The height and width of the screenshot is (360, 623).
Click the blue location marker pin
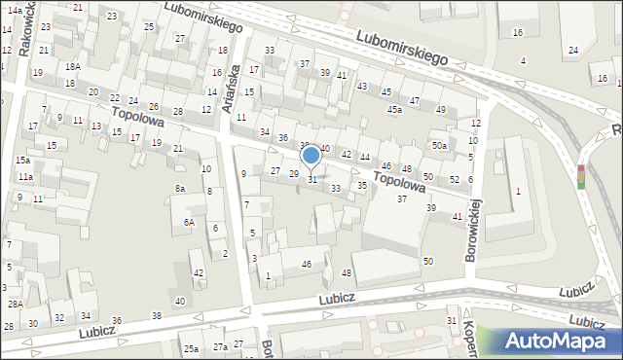coord(311,156)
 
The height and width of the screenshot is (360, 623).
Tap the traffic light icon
coord(581,175)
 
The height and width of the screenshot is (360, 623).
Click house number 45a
coord(394,110)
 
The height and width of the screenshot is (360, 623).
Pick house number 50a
coord(440,146)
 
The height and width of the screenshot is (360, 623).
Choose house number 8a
coord(179,188)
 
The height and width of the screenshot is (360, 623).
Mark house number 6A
coord(190,222)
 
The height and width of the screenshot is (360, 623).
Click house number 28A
coord(16,305)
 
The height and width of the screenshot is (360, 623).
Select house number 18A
coord(73,66)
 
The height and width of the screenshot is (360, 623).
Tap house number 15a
coord(22,160)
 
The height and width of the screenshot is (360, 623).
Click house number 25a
coord(192,348)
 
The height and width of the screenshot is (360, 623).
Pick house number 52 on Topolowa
coord(455,179)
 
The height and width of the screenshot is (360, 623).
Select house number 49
coord(440,109)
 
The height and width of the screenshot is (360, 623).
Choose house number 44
coord(364,157)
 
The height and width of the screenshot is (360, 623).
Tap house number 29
coord(293,173)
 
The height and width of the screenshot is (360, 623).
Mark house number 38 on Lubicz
coord(157,315)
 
